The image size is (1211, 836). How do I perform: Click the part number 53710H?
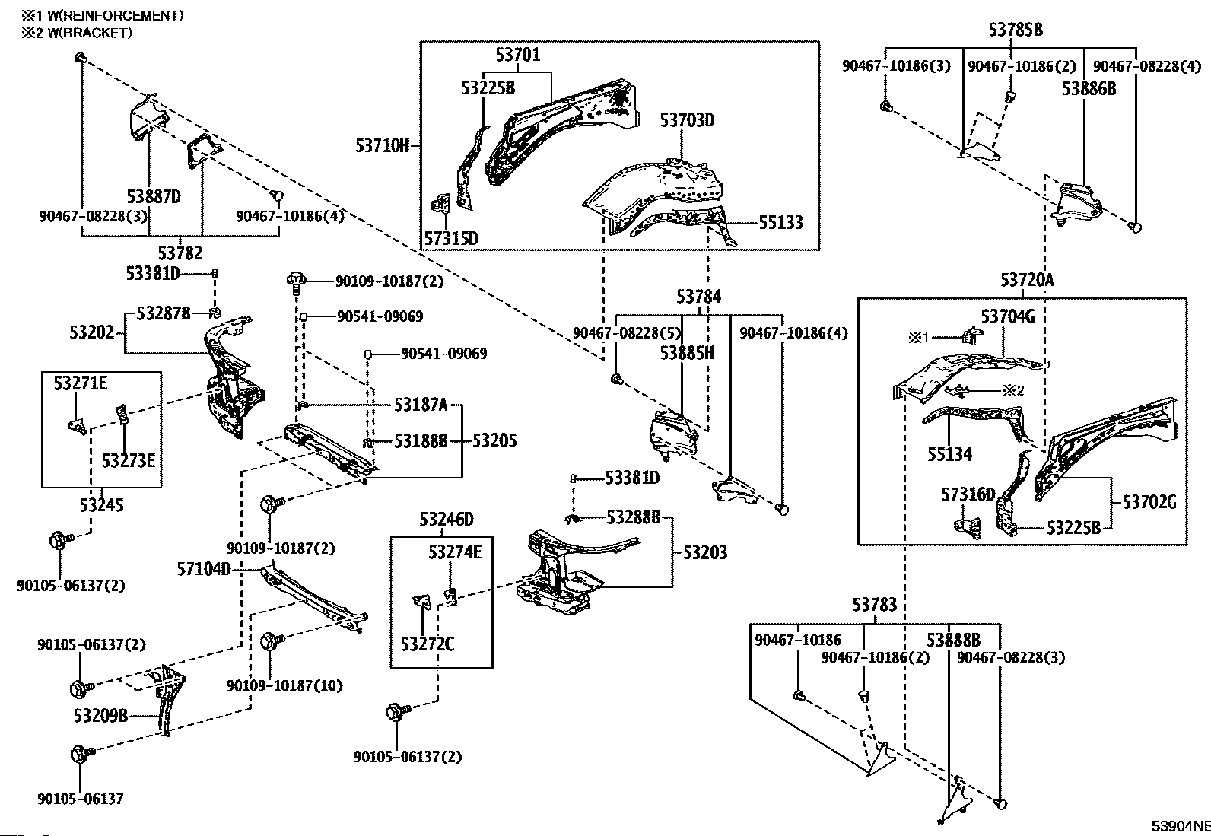[382, 145]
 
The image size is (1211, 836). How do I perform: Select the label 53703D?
[687, 120]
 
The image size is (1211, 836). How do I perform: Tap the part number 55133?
[780, 222]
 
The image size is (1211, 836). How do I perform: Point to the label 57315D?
[450, 239]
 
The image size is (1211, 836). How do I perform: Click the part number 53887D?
[154, 197]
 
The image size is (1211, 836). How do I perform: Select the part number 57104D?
[204, 568]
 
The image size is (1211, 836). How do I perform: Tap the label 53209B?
[100, 716]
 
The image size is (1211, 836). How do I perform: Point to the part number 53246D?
[447, 520]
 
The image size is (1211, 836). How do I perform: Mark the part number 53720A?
[1027, 281]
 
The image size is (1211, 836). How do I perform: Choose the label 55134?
[949, 454]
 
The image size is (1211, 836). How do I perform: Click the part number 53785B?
[1016, 30]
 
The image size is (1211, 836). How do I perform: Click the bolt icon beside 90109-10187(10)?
[271, 641]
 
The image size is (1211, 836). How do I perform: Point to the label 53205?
[494, 440]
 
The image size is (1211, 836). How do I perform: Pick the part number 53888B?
[953, 640]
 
